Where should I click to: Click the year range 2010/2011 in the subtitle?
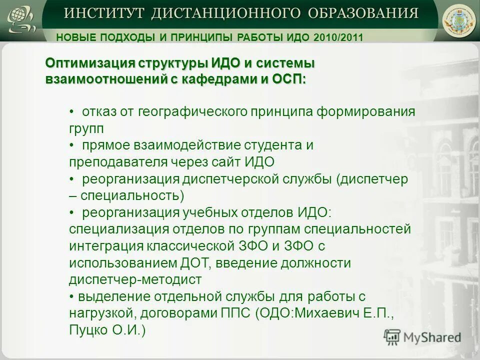338,37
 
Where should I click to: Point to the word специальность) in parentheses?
132,195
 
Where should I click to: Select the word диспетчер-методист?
135,279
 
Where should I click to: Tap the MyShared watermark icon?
392,336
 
